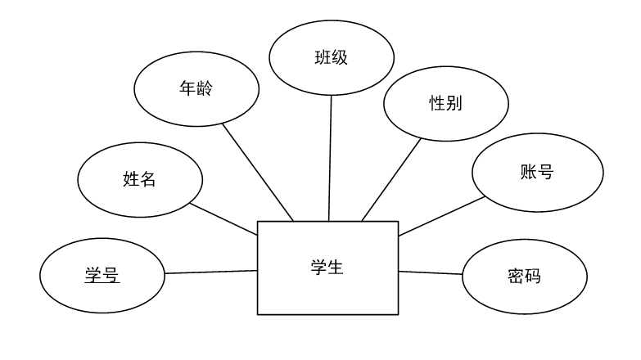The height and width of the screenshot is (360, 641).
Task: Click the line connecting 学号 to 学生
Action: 211,272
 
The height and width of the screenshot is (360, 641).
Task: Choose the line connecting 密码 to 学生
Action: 431,272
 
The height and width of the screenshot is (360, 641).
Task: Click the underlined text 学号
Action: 102,275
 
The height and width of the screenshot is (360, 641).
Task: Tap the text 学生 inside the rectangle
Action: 327,268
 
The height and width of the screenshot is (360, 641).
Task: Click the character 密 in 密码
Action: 517,276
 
